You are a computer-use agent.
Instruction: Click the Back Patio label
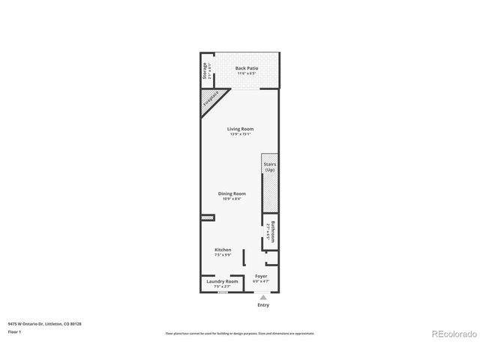tap(246, 68)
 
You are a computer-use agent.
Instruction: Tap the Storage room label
tap(205, 71)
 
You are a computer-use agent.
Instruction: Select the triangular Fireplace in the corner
tap(211, 101)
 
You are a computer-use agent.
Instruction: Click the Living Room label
tap(241, 128)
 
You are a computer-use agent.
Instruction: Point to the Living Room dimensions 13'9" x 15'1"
tap(241, 133)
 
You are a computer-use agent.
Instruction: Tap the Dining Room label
tap(232, 193)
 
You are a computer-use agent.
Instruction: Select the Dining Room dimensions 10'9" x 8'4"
tap(232, 199)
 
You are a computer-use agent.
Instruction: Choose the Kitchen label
tap(223, 250)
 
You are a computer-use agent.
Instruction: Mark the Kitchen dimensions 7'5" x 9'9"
tap(223, 255)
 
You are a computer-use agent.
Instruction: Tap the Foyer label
tap(261, 276)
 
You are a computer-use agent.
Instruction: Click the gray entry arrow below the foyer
tap(262, 296)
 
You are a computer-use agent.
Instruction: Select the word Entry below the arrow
tap(262, 305)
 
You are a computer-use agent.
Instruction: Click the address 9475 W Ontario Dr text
tap(44, 323)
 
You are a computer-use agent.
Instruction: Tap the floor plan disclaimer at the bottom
tap(239, 333)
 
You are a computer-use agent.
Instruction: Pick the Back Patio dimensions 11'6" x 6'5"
tap(246, 73)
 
